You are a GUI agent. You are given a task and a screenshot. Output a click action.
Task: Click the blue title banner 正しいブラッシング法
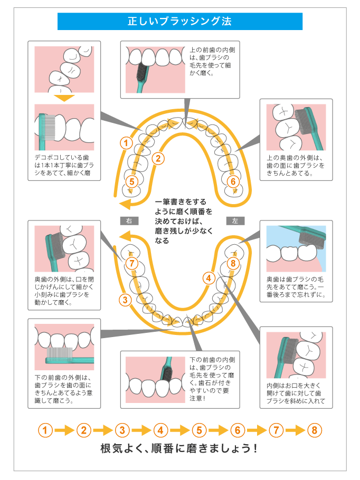click(x=179, y=22)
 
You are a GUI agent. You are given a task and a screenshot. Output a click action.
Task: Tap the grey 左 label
click(x=234, y=220)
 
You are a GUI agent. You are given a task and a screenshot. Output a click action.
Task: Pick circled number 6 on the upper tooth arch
click(x=232, y=181)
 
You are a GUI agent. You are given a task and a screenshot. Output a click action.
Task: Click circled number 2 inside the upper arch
click(x=157, y=158)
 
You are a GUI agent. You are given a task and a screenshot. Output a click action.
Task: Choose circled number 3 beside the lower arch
click(x=125, y=301)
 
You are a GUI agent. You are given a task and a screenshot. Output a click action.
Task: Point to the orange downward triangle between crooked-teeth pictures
click(x=64, y=98)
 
